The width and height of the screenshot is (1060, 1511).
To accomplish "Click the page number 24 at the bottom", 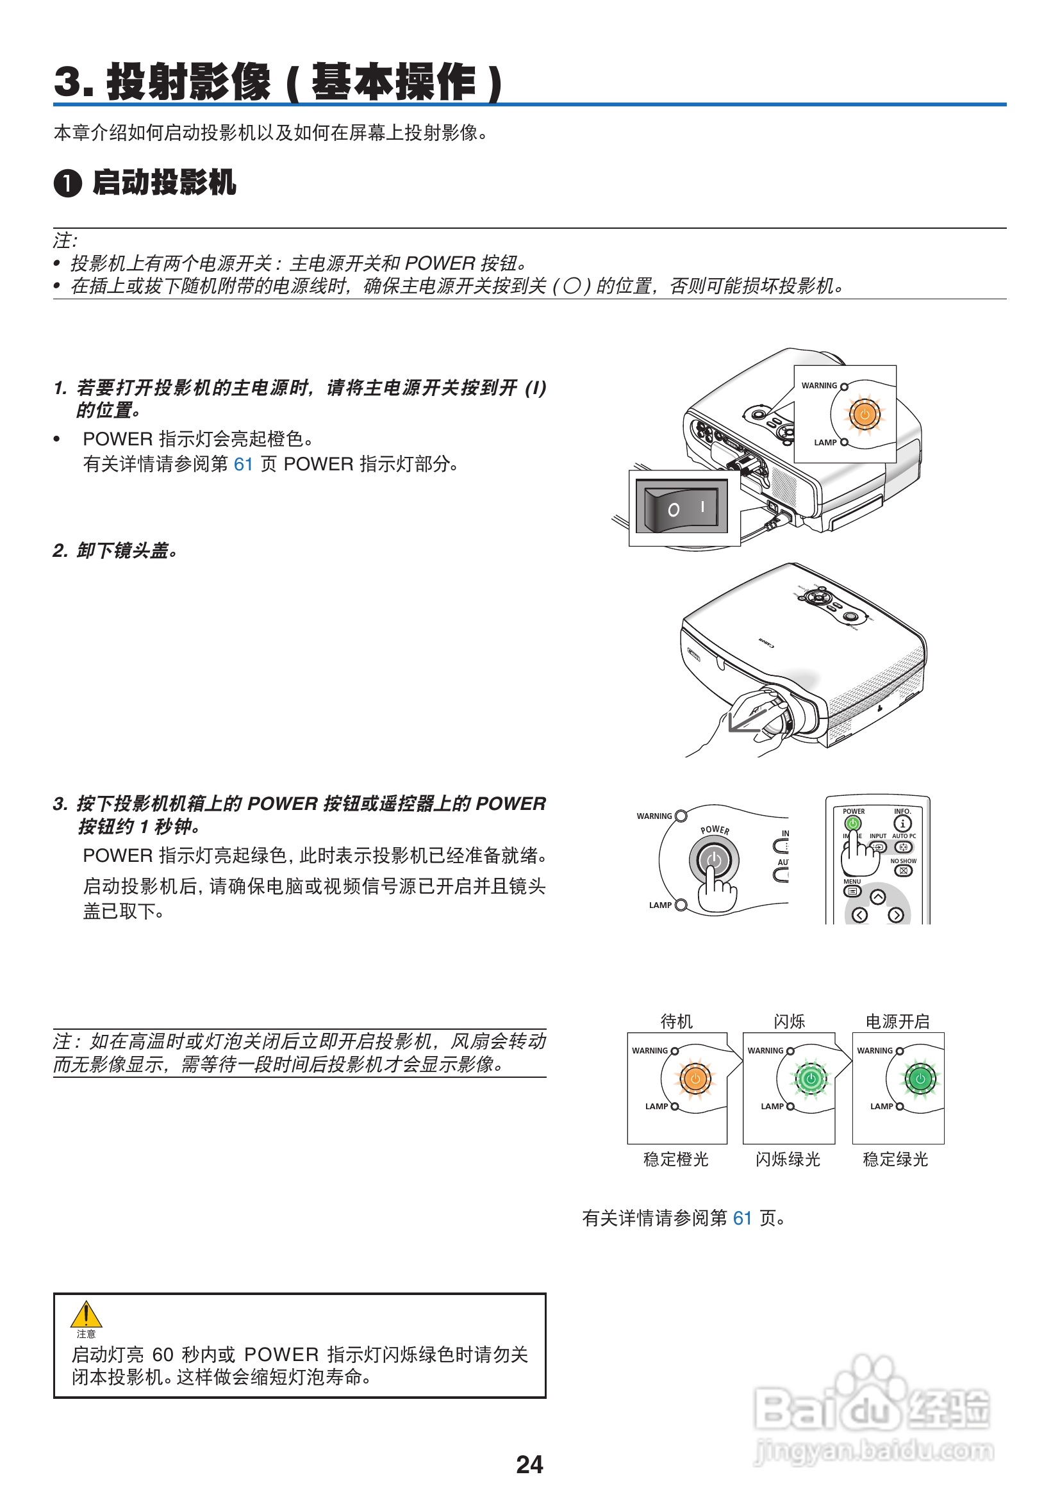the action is tap(529, 1464).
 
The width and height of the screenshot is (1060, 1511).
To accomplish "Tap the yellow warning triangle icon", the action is tap(85, 1315).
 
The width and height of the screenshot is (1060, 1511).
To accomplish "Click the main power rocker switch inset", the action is tap(681, 506).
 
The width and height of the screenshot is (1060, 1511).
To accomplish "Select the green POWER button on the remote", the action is tap(853, 823).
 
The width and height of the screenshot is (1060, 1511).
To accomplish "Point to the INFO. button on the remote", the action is tap(902, 823).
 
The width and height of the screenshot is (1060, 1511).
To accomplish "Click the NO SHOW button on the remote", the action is tap(904, 871).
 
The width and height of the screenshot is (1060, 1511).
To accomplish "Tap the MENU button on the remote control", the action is tap(852, 891).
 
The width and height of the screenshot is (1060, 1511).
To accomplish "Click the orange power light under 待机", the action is tap(695, 1078).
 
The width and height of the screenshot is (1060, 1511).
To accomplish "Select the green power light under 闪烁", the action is tap(811, 1078).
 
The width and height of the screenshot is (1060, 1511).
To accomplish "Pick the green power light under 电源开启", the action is tap(920, 1078).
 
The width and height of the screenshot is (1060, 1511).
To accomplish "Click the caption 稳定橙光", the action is tap(675, 1160).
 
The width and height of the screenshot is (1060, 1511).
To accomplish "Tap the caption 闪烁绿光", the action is tap(788, 1160).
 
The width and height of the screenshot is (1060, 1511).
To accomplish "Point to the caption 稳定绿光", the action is tap(895, 1160).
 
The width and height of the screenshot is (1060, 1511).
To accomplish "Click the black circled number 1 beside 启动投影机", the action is tap(68, 183).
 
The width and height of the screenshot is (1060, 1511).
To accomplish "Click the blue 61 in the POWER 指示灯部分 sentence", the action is tap(244, 465).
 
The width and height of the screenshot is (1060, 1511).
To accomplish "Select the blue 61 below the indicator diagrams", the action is tap(742, 1218).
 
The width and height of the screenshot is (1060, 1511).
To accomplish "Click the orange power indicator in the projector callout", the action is tap(864, 415).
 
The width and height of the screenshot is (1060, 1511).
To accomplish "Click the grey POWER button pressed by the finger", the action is tap(714, 859).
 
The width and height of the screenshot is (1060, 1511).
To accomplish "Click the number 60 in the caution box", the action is tap(163, 1355).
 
